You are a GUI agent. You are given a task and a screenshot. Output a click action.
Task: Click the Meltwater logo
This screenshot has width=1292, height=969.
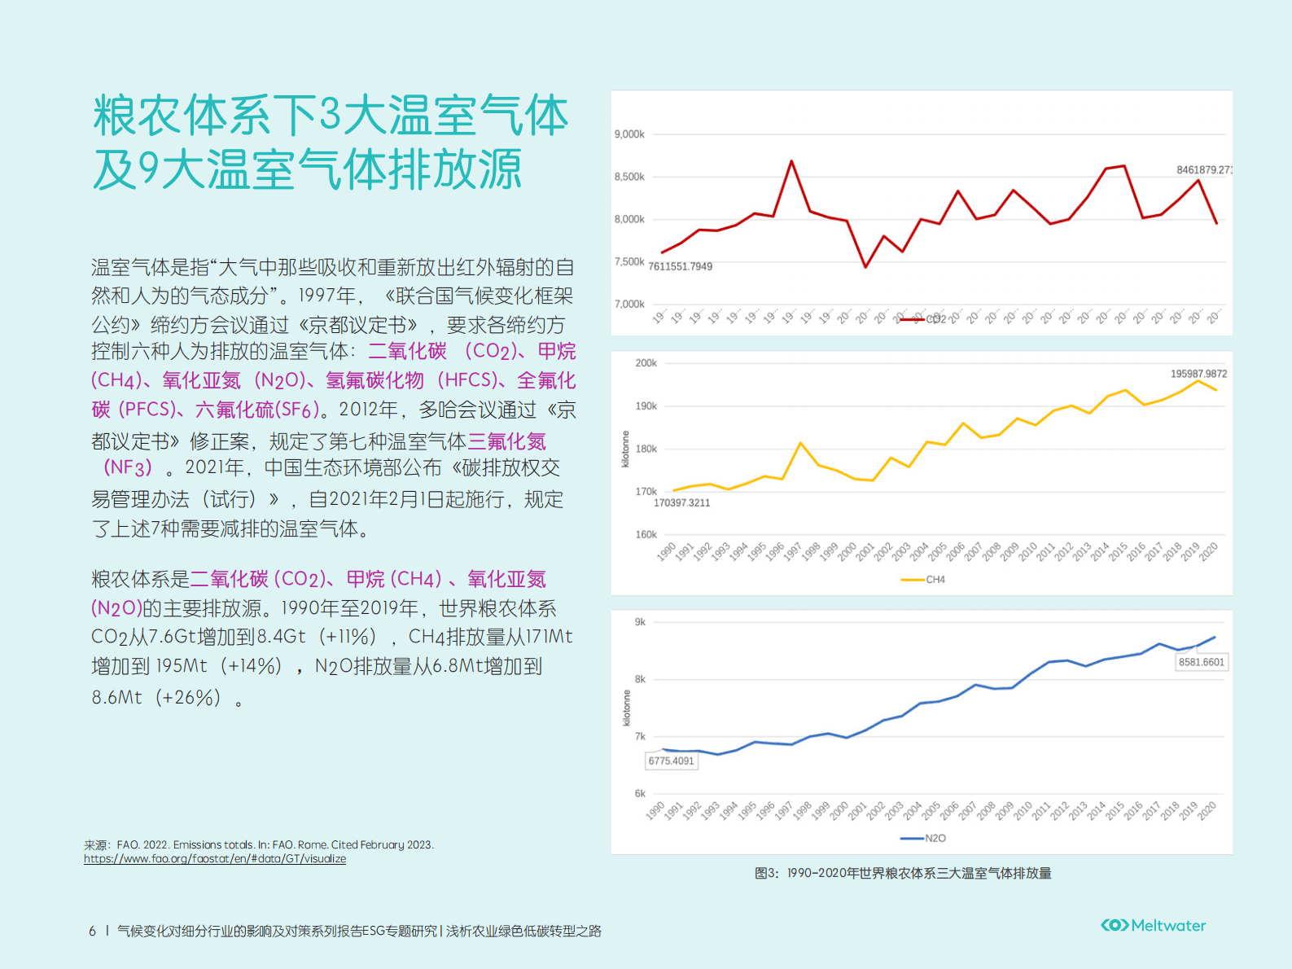click(1153, 925)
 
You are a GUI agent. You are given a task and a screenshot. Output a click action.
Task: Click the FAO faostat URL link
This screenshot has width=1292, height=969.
click(215, 859)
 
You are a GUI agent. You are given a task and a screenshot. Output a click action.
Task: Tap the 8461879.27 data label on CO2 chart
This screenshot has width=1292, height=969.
click(1203, 170)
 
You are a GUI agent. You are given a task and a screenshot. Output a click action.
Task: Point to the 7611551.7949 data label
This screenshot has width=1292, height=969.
click(680, 266)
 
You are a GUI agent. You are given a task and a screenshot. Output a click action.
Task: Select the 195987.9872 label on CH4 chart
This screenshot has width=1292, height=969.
click(1198, 374)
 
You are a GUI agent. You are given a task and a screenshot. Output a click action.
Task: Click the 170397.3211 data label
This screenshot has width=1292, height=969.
click(681, 502)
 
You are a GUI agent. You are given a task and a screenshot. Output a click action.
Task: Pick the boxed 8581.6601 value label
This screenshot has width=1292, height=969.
click(1201, 662)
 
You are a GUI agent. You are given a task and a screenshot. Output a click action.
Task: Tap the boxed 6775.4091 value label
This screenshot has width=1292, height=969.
click(671, 761)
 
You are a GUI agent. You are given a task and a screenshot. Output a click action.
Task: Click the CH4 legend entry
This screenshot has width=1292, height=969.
click(924, 580)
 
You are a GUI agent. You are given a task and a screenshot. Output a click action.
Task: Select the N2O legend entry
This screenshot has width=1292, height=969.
click(924, 838)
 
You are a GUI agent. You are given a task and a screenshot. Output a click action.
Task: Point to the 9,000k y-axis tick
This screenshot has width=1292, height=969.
click(629, 134)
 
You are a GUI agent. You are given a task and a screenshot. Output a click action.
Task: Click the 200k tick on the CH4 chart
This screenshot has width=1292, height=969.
click(646, 363)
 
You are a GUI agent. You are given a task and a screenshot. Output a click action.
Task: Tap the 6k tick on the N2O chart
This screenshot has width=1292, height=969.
click(640, 793)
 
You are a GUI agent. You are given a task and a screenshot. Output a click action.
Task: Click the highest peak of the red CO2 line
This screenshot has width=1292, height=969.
click(791, 161)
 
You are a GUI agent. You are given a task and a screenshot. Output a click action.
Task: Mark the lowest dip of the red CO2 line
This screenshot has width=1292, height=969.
click(865, 266)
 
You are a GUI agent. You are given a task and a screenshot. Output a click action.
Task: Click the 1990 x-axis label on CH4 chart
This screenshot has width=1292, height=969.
click(667, 551)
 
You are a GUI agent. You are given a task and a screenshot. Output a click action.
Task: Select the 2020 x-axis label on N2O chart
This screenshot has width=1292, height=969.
click(1207, 809)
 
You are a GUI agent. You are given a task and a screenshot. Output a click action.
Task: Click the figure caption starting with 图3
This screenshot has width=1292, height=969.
click(903, 873)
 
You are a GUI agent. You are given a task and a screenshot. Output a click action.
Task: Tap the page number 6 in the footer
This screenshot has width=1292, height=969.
click(92, 931)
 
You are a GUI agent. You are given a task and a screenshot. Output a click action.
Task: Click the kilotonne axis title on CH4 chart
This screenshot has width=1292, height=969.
click(625, 449)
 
